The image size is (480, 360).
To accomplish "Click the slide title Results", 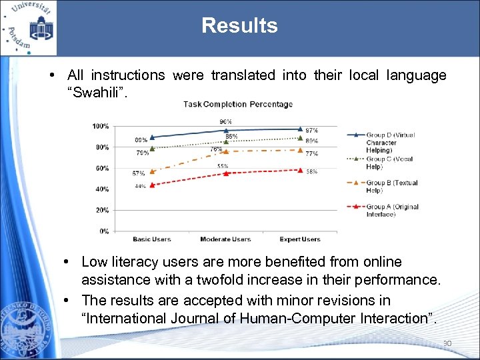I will point(239,26).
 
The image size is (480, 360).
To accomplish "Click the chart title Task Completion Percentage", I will point(238,104).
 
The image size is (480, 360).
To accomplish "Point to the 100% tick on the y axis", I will point(101,126).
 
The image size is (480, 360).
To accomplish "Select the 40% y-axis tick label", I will point(102,189).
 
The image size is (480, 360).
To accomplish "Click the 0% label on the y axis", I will point(104,231).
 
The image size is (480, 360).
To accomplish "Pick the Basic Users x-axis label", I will point(152,239).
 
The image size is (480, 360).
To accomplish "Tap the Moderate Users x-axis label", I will point(225,239).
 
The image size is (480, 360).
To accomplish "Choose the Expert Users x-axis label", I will point(300,239).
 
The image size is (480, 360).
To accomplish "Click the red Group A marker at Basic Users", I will point(152,185).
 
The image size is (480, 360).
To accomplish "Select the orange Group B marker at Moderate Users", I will point(226,151).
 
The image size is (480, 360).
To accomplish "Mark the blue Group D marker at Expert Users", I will point(300,129).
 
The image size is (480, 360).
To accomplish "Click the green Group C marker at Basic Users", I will point(152,148).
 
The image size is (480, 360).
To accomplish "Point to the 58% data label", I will point(311,172).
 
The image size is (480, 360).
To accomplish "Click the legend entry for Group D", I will point(390,142).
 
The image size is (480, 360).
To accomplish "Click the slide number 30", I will point(447,344).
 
